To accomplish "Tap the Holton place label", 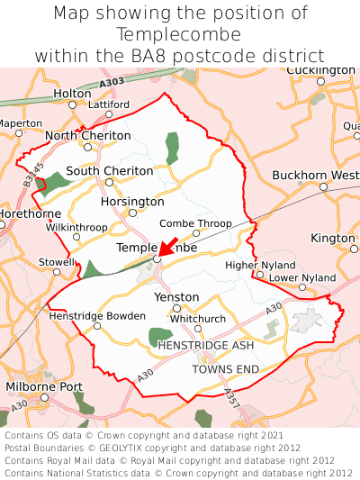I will point(72,93).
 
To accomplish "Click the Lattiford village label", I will point(109,104).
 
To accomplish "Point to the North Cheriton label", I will point(87,135).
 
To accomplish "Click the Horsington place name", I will point(132,202).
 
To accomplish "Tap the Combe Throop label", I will point(195,222).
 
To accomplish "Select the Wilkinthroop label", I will point(76,227).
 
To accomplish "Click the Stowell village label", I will point(57,261).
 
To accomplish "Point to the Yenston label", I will point(176,296).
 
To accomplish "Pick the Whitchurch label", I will point(198,318).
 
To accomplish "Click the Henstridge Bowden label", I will point(97,316).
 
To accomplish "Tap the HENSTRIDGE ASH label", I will point(206,345).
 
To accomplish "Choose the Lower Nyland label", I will point(302,277).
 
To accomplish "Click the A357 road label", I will point(230,396).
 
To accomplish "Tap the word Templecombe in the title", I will point(179,34).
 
